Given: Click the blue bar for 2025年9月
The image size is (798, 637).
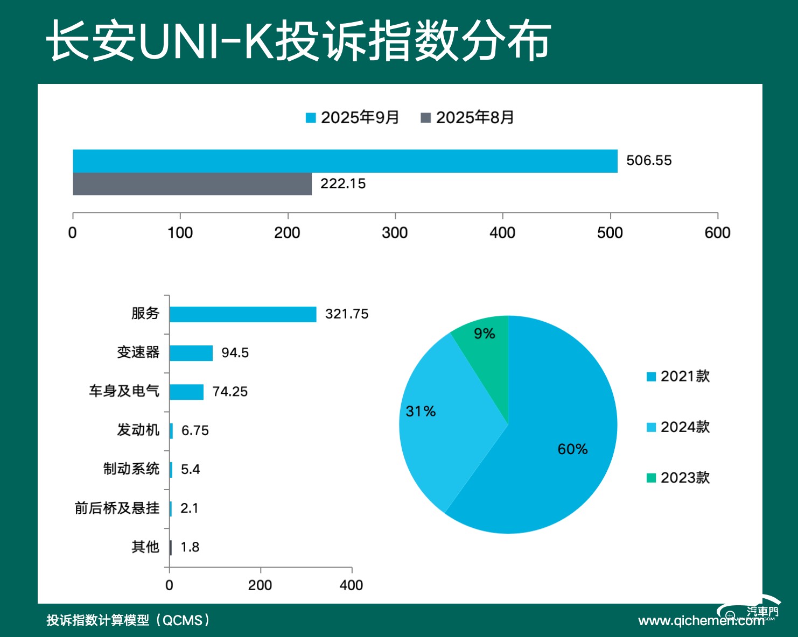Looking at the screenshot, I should pyautogui.click(x=345, y=161).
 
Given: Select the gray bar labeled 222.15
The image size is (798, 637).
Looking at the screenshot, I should pyautogui.click(x=192, y=184).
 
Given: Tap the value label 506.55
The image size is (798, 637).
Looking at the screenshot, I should pyautogui.click(x=649, y=161).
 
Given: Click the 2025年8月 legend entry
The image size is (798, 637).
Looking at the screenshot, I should pyautogui.click(x=467, y=117).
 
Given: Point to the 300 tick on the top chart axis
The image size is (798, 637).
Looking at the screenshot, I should pyautogui.click(x=395, y=232).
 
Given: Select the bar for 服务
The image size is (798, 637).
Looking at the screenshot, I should pyautogui.click(x=243, y=314).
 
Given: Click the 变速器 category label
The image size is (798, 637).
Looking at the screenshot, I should pyautogui.click(x=138, y=352).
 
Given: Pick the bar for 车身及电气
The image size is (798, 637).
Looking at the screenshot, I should pyautogui.click(x=186, y=392).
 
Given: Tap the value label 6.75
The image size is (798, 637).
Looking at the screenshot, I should pyautogui.click(x=195, y=430).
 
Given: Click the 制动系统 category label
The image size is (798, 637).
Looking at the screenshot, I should pyautogui.click(x=131, y=469).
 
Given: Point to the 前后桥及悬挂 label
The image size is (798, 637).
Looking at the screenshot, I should pyautogui.click(x=117, y=508).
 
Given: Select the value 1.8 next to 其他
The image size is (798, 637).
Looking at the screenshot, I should pyautogui.click(x=190, y=547).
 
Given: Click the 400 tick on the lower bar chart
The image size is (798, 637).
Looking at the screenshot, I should pyautogui.click(x=351, y=585).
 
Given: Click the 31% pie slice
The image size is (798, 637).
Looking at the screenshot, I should pyautogui.click(x=431, y=425).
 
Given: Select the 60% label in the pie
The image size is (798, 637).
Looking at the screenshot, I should pyautogui.click(x=572, y=449).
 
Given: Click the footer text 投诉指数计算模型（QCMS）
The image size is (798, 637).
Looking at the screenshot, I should pyautogui.click(x=128, y=620).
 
